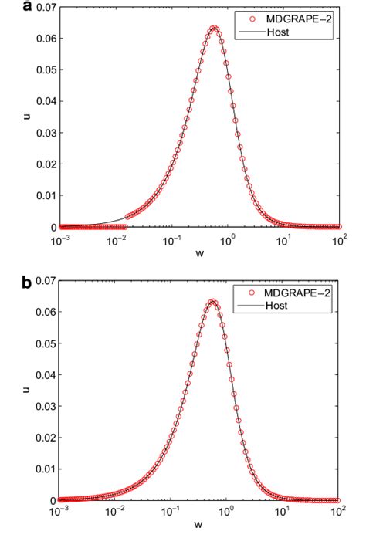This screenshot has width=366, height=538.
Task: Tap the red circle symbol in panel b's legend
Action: click(252, 293)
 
